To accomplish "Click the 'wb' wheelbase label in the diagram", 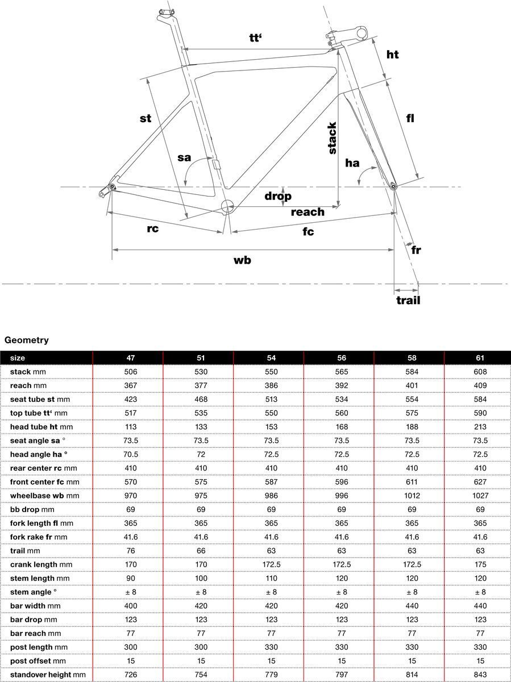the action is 242,260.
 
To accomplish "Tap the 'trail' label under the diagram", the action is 408,300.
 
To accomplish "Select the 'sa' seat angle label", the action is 184,157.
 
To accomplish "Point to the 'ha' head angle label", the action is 352,163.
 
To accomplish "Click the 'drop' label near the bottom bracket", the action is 278,196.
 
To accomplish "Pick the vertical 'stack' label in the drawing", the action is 333,139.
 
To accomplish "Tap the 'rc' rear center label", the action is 152,228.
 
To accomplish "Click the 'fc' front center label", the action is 308,231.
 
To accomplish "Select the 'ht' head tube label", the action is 392,55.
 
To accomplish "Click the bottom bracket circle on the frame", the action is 227,206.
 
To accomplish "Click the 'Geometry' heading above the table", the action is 27,340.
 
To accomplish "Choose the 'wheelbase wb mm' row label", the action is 44,496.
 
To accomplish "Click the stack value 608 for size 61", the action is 480,372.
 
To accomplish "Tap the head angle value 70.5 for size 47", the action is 130,454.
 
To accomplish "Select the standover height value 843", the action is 480,674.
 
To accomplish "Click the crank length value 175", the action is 480,564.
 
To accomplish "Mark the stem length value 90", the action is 130,578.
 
